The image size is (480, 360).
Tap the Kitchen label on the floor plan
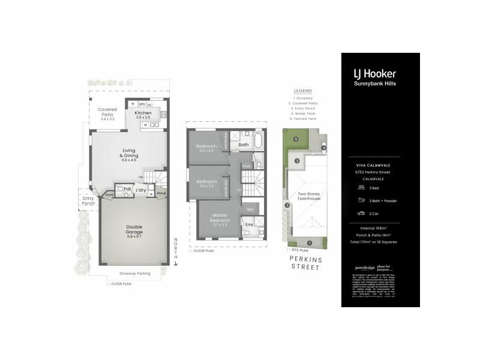click(x=143, y=113)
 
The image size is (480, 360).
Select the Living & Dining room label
click(x=130, y=155)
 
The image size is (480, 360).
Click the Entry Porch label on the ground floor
click(x=88, y=200)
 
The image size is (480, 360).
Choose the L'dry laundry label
click(x=141, y=190)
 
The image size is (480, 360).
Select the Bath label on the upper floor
click(x=244, y=145)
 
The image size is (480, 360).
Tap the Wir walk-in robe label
click(x=251, y=210)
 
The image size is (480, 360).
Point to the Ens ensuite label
click(x=249, y=224)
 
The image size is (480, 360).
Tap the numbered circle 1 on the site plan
click(x=310, y=243)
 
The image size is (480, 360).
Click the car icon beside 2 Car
click(x=362, y=213)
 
